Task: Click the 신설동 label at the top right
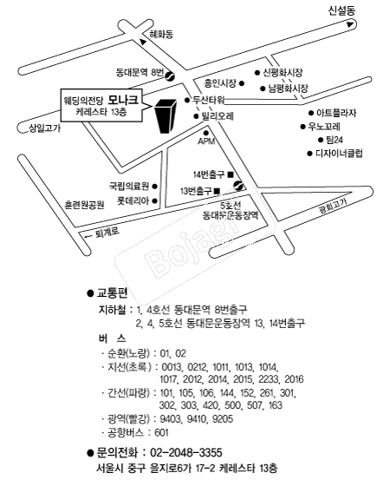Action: click(341, 10)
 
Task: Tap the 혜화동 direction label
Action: click(161, 34)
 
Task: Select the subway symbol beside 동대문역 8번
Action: click(170, 76)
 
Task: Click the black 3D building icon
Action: click(166, 116)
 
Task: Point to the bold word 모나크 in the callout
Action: click(123, 100)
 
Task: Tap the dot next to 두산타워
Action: click(187, 100)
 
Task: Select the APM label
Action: click(206, 141)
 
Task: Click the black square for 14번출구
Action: click(231, 174)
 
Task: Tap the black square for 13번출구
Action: click(217, 191)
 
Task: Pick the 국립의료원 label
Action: click(129, 186)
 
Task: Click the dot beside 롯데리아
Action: click(155, 200)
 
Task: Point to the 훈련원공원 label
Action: click(84, 205)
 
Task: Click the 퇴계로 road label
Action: click(107, 233)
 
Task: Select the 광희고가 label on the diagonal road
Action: click(333, 207)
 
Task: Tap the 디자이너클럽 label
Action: click(339, 154)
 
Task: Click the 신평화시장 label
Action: click(283, 73)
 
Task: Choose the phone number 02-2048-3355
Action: click(186, 453)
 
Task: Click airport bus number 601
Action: click(161, 433)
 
